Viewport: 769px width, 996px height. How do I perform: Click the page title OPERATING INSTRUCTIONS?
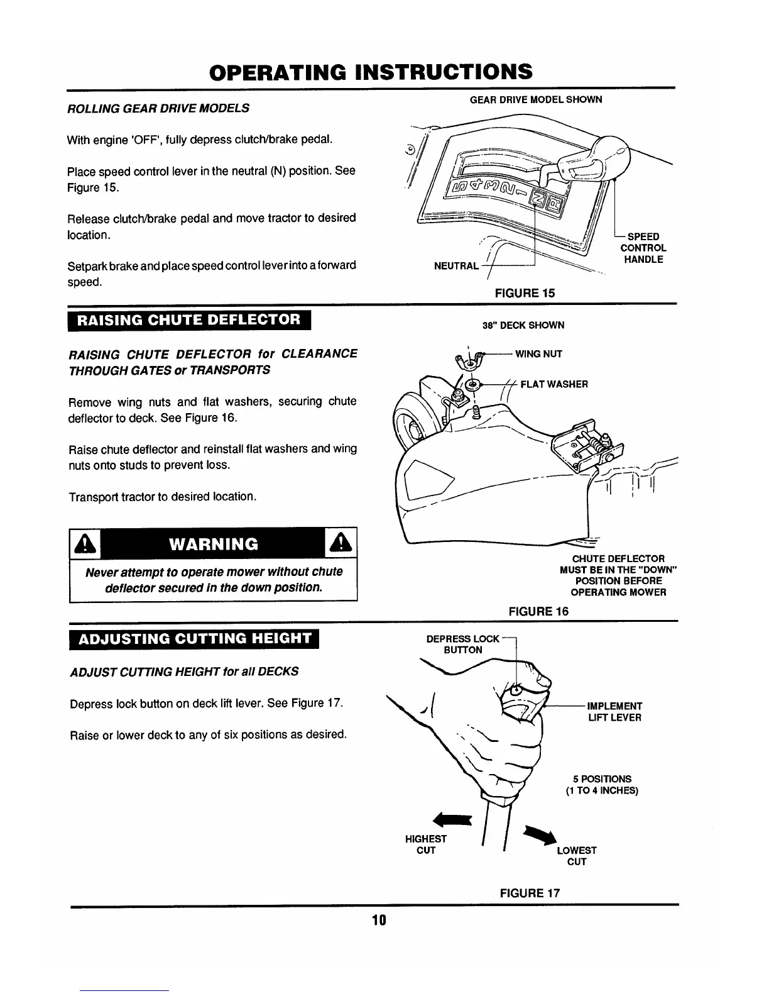pyautogui.click(x=371, y=72)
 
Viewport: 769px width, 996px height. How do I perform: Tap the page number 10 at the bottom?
pyautogui.click(x=378, y=921)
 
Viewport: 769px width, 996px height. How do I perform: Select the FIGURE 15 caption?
pyautogui.click(x=525, y=293)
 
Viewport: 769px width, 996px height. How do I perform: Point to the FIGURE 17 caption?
pyautogui.click(x=530, y=893)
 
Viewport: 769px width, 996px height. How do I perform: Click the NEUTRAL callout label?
pyautogui.click(x=456, y=266)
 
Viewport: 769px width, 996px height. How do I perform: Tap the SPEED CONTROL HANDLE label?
pyautogui.click(x=643, y=248)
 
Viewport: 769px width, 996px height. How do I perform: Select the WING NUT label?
pyautogui.click(x=538, y=354)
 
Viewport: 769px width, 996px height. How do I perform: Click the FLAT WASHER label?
pyautogui.click(x=554, y=384)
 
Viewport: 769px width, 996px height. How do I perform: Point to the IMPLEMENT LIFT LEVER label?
pyautogui.click(x=614, y=712)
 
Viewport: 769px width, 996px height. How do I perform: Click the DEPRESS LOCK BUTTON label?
pyautogui.click(x=462, y=645)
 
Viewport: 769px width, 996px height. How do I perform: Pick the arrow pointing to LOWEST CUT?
pyautogui.click(x=542, y=834)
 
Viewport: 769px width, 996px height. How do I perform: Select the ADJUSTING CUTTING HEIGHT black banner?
pyautogui.click(x=195, y=639)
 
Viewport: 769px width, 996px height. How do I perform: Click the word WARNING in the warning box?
pyautogui.click(x=214, y=544)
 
